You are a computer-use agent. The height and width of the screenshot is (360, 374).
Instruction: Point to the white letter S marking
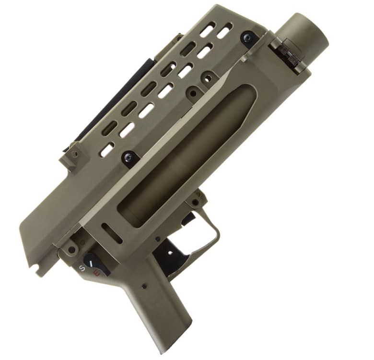82,269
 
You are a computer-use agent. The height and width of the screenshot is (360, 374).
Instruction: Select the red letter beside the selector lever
97,273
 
